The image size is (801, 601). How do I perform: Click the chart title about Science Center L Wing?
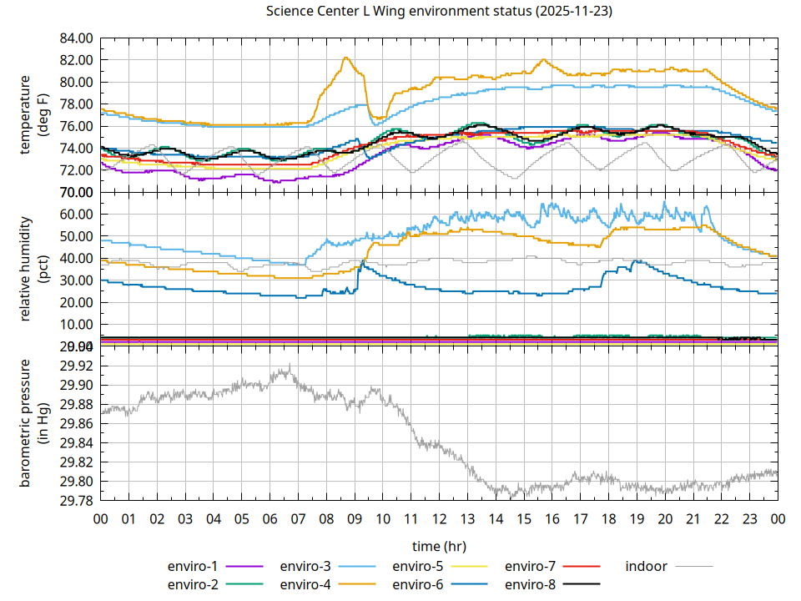click(438, 12)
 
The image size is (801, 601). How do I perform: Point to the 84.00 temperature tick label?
click(76, 38)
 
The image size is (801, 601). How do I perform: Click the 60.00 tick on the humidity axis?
click(76, 214)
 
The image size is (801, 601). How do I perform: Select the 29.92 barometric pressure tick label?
click(76, 366)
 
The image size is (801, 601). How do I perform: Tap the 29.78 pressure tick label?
click(76, 501)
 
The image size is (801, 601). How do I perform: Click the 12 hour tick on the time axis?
click(439, 519)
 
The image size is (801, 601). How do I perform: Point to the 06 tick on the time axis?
click(270, 519)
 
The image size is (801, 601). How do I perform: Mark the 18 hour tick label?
click(608, 519)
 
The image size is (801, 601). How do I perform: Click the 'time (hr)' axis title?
click(439, 545)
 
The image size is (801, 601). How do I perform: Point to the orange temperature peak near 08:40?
click(345, 58)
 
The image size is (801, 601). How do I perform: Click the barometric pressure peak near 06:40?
click(288, 366)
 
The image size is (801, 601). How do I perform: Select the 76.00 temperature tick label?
click(76, 126)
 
